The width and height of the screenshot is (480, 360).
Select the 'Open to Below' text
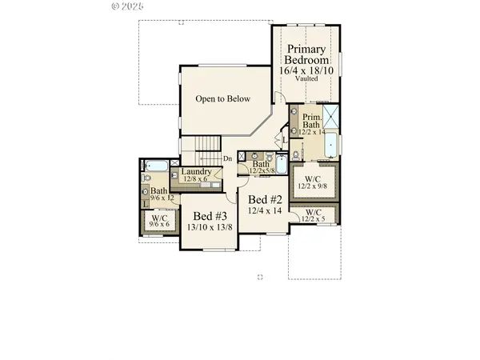click(223, 99)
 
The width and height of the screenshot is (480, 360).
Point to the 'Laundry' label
click(196, 172)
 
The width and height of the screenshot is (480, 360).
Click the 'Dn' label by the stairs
click(227, 158)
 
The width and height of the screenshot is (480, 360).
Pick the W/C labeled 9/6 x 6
click(160, 221)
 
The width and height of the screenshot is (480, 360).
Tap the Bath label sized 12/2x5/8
click(262, 166)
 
